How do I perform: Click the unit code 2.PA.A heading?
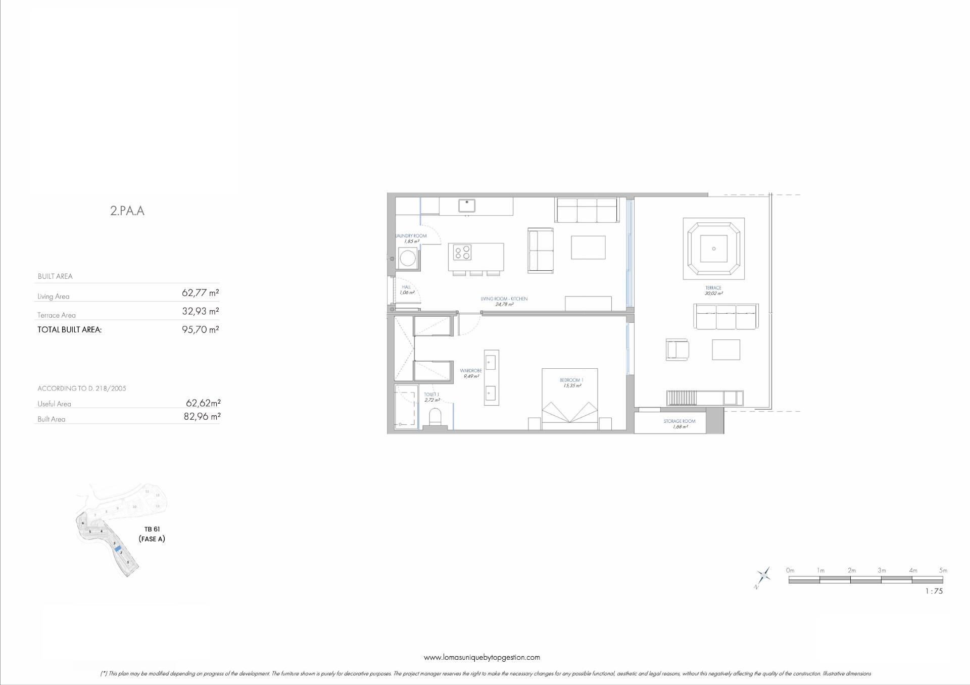coord(127,211)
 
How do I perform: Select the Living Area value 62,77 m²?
coord(200,293)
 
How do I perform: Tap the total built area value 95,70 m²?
coord(200,330)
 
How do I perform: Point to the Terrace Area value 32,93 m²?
coord(200,312)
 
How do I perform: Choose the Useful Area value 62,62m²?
coord(203,403)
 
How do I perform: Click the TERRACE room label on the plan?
coord(713,288)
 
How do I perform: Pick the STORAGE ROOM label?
coord(680,421)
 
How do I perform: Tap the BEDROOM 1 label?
coord(571,380)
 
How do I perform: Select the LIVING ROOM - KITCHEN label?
coord(504,299)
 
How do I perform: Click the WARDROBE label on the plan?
coord(471,371)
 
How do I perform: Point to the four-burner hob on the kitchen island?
coord(462,252)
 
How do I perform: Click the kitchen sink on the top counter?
coord(467,206)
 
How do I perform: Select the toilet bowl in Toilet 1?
coord(435,417)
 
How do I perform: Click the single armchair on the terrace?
coord(677,350)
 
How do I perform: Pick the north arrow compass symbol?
coord(763,576)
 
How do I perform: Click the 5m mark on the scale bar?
coord(943,571)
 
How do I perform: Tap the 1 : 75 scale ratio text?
coord(934,591)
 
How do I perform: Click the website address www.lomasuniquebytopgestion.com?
coord(481,657)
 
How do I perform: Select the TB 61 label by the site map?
coord(152,529)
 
